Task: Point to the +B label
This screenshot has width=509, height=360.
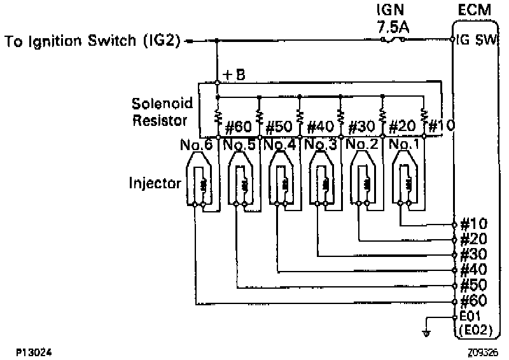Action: (x=235, y=74)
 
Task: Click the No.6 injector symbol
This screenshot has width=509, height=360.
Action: (x=200, y=181)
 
